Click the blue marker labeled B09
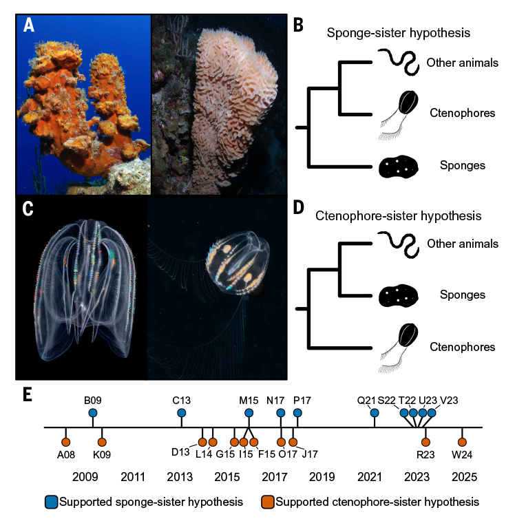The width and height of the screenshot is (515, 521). [x=93, y=413]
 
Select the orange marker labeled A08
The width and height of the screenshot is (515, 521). [x=66, y=442]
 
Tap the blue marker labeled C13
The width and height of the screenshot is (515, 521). [x=182, y=413]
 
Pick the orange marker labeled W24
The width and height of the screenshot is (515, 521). [x=462, y=442]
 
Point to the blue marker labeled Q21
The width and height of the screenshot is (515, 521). [x=375, y=413]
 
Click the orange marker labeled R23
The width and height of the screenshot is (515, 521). [x=425, y=442]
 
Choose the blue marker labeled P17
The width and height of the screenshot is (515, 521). [x=297, y=413]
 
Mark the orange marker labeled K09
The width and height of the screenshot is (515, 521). [x=102, y=442]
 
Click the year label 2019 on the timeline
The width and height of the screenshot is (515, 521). [x=322, y=476]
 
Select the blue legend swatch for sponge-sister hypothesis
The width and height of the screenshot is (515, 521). [x=51, y=502]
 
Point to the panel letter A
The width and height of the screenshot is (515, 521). [x=28, y=25]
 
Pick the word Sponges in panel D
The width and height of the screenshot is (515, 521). [x=463, y=295]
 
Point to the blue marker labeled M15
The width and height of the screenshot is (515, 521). [x=249, y=413]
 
